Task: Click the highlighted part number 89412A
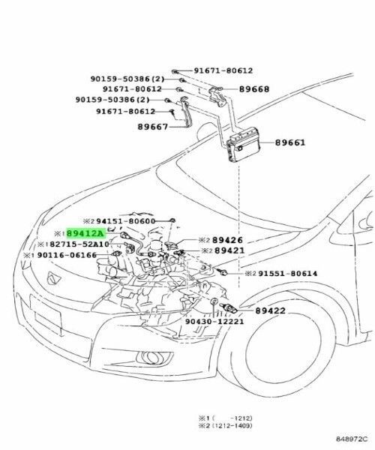pos(87,234)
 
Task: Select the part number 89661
pos(289,142)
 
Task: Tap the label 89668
pos(256,88)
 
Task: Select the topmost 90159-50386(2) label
pos(118,79)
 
